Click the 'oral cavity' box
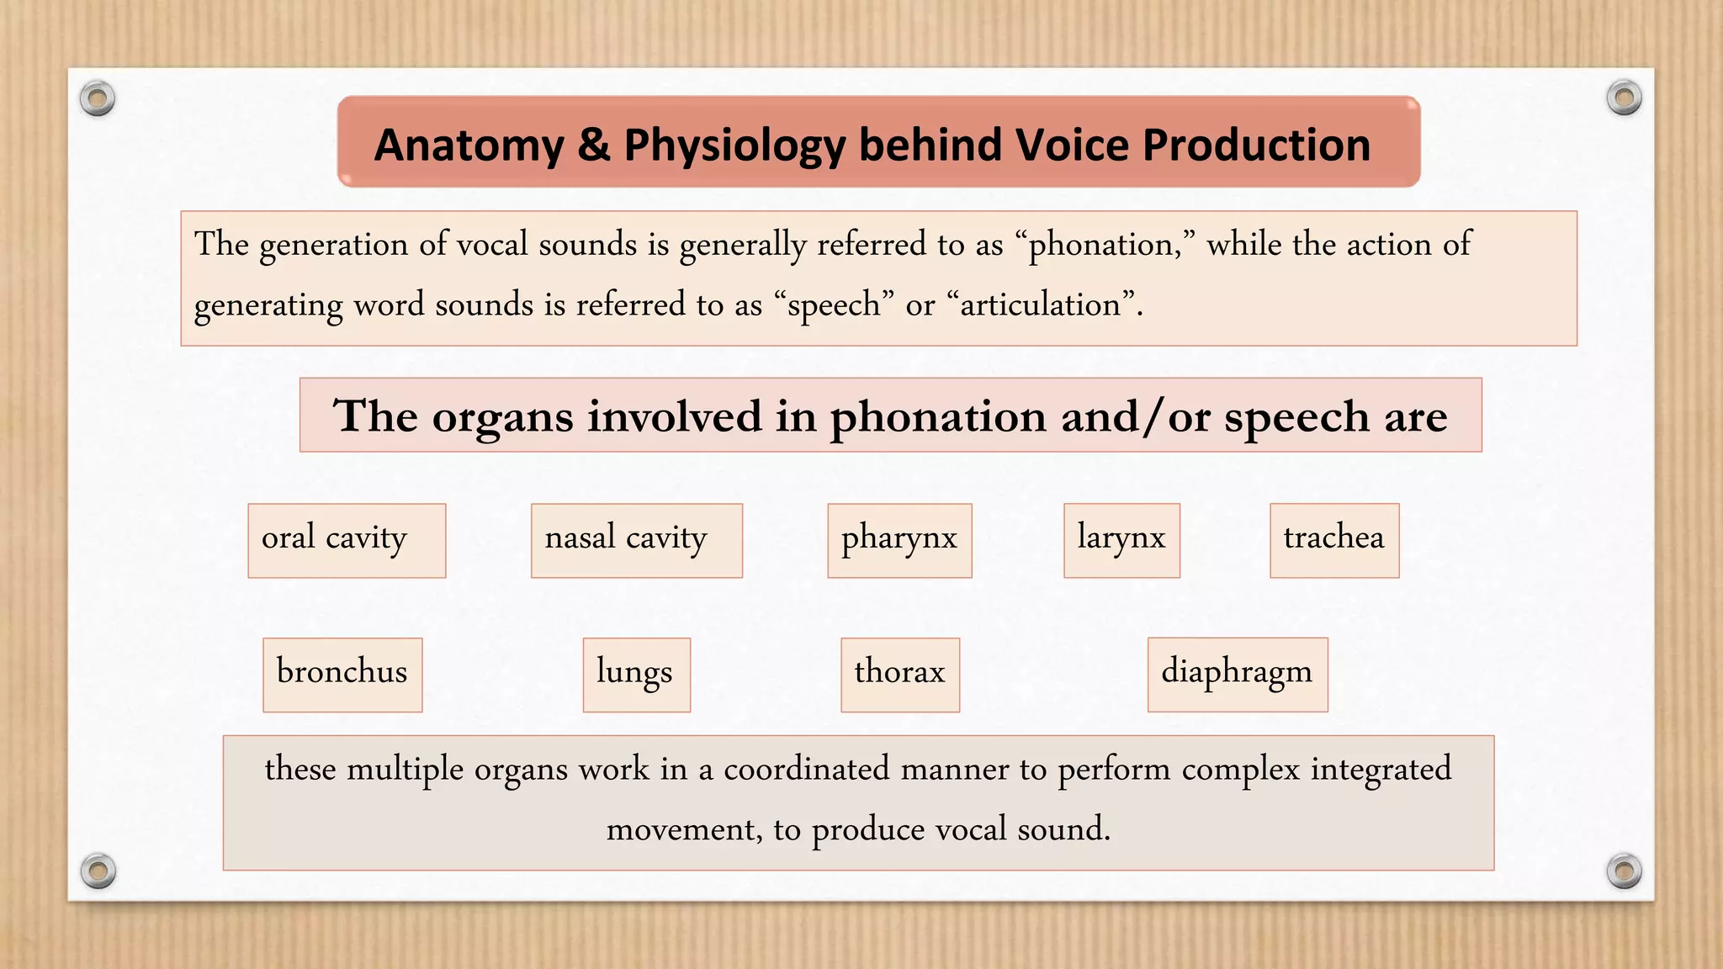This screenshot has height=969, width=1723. click(x=347, y=540)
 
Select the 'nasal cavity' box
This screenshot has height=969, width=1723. click(x=636, y=540)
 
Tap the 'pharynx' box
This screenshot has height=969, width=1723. click(x=899, y=540)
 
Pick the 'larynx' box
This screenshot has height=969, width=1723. click(x=1121, y=540)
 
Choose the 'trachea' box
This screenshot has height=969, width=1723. click(x=1334, y=540)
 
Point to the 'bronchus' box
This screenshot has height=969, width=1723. click(x=342, y=675)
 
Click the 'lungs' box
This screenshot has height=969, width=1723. click(x=636, y=675)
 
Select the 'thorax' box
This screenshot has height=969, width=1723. click(x=900, y=675)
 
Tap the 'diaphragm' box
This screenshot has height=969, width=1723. click(x=1238, y=675)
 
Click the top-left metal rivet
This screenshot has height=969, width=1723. click(x=98, y=99)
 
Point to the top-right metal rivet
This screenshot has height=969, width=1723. click(x=1624, y=98)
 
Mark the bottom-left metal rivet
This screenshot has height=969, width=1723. click(x=98, y=871)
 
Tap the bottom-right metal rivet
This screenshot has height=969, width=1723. click(x=1624, y=871)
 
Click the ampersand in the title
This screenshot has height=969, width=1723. click(x=593, y=145)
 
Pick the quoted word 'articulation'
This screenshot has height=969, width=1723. click(x=1041, y=304)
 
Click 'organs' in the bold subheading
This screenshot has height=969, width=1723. click(x=502, y=417)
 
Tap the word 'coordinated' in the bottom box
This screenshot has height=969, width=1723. click(x=806, y=769)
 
